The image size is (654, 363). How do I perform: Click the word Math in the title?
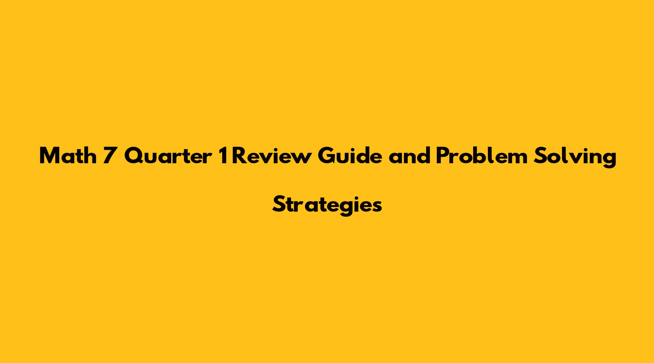coord(68,156)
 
